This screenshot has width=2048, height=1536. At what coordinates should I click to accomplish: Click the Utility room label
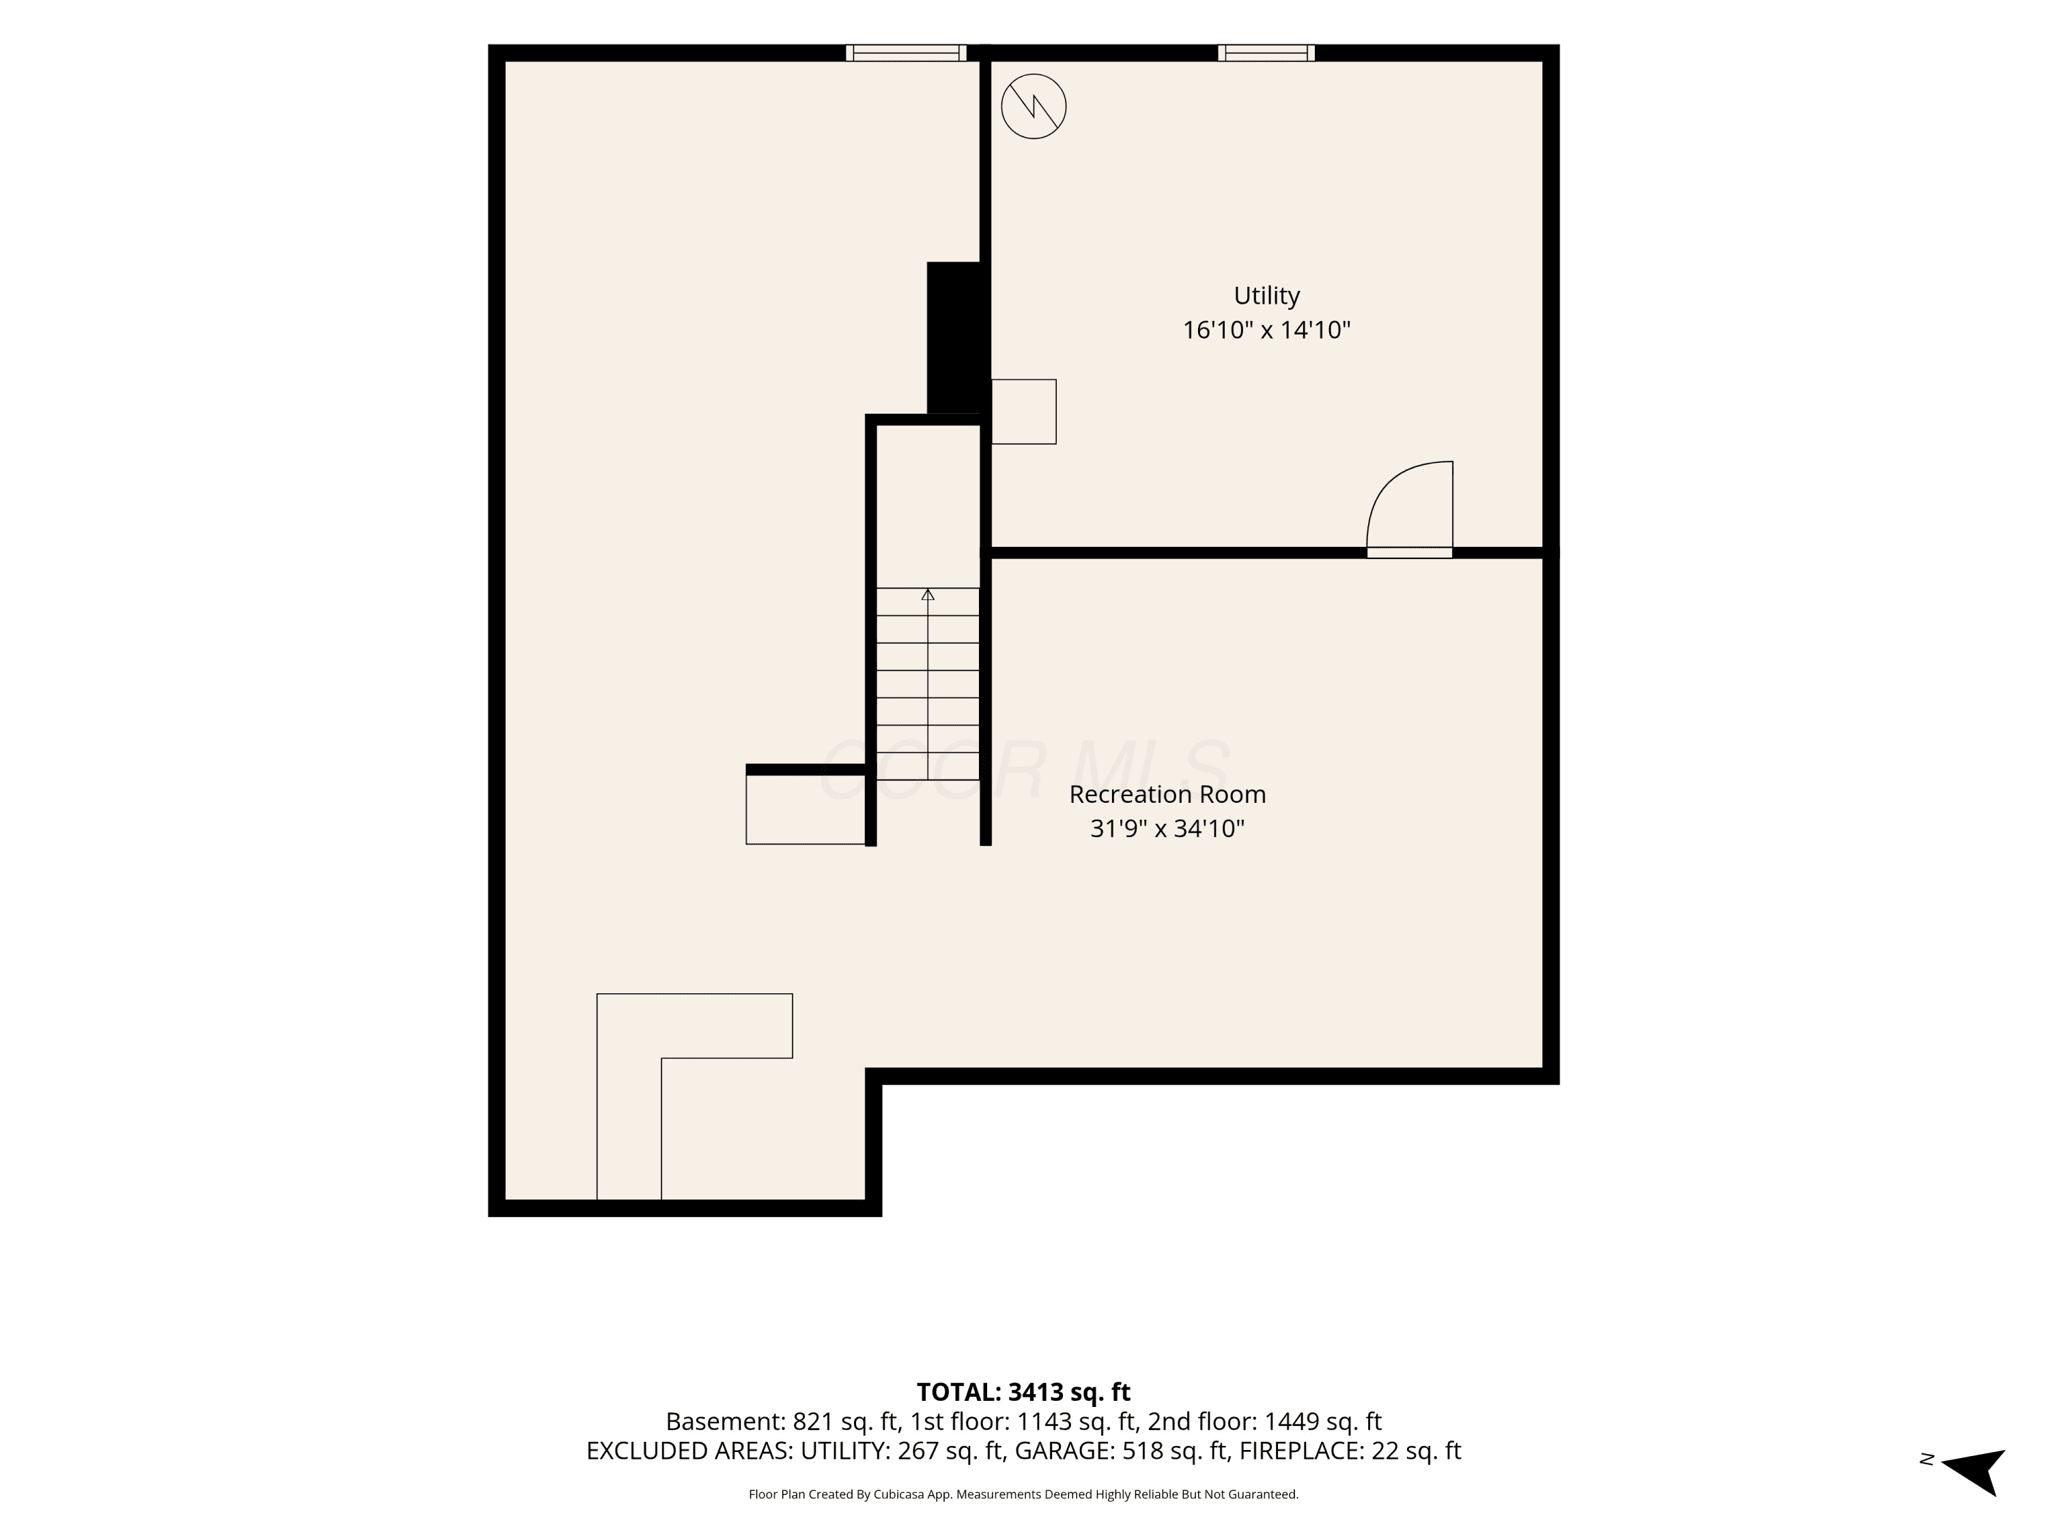[1266, 296]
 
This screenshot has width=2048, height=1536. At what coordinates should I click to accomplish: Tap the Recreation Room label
[1167, 795]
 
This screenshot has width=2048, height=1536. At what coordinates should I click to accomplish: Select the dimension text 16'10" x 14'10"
[1266, 330]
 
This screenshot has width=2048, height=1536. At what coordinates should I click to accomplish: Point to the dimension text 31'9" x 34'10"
[1167, 829]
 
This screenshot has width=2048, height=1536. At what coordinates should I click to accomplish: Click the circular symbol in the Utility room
[1034, 106]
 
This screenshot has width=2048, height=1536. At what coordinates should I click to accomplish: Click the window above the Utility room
[1266, 53]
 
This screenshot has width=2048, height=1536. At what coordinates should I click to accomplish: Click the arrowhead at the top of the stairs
[928, 595]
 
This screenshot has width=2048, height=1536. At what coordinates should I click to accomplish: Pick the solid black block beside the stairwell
[954, 338]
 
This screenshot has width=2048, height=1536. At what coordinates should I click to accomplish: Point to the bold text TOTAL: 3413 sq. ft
[1023, 1391]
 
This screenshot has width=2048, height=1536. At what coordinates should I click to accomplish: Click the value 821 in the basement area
[814, 1421]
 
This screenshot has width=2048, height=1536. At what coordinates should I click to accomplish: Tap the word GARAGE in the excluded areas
[1064, 1451]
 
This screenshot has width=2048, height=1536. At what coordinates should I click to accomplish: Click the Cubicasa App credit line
[1023, 1494]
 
